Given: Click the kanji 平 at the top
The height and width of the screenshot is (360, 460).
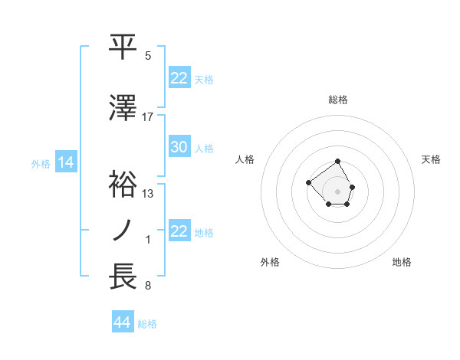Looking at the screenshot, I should pos(124,47).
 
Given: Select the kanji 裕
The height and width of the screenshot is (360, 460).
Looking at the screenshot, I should pos(124,184).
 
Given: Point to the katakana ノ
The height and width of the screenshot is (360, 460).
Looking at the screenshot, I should pos(124,231).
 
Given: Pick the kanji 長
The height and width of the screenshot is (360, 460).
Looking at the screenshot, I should pos(124,277).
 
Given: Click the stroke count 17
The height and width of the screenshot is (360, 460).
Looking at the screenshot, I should pos(148,116).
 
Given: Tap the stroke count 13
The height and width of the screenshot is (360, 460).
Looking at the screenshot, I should pos(148,194).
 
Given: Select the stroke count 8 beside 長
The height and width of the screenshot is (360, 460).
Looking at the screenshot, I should pos(148,286).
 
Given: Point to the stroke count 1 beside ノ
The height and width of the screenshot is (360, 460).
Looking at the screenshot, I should pos(148,241).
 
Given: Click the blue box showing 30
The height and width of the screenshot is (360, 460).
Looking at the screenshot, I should pos(179,147).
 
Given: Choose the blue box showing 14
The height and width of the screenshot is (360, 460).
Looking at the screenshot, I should pos(64,162).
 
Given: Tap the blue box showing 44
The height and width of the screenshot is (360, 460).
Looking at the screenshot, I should pos(122,322).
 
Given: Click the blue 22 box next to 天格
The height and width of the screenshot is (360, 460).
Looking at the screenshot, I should pos(179,78).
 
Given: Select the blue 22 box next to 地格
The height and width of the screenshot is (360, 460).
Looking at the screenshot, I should pos(179,231).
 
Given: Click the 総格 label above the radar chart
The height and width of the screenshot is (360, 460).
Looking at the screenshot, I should pos(338,100).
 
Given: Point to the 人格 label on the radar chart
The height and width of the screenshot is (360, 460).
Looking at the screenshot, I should pos(245,159).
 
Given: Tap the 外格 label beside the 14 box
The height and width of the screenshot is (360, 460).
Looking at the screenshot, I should pos(41,163).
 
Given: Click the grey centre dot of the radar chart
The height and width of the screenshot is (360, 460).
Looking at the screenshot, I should pos(338,191).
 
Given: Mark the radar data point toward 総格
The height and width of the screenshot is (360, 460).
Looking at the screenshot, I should pos(338,162).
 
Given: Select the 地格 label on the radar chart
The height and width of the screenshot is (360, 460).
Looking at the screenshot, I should pos(402,262).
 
